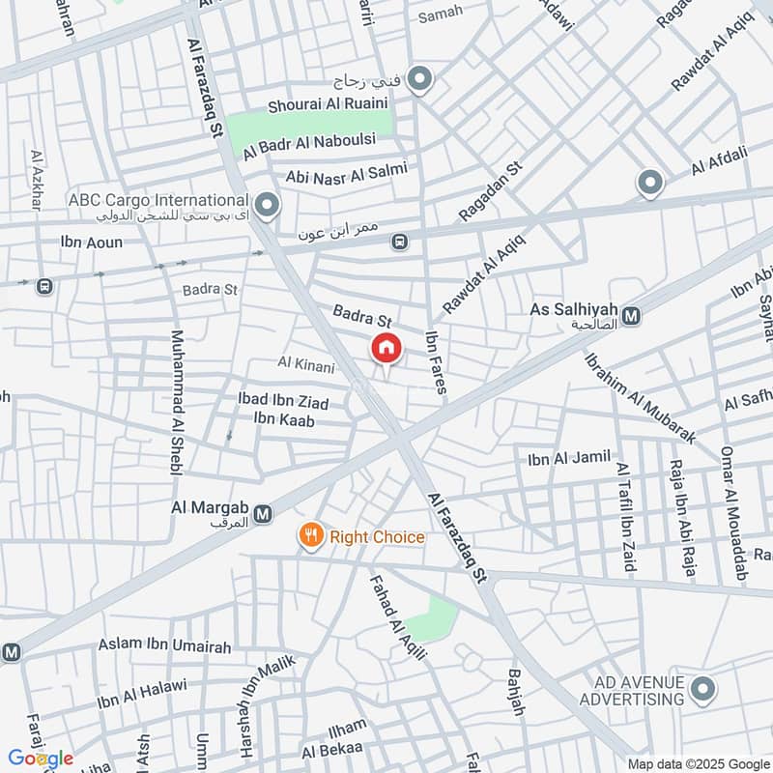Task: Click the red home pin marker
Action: point(386,348)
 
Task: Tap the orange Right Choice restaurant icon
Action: point(310,537)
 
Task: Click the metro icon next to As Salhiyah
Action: point(631,315)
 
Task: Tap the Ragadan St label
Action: point(490,191)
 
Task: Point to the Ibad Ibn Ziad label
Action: point(283,402)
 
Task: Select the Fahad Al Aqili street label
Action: point(399,618)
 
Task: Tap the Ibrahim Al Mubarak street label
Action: point(640,396)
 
